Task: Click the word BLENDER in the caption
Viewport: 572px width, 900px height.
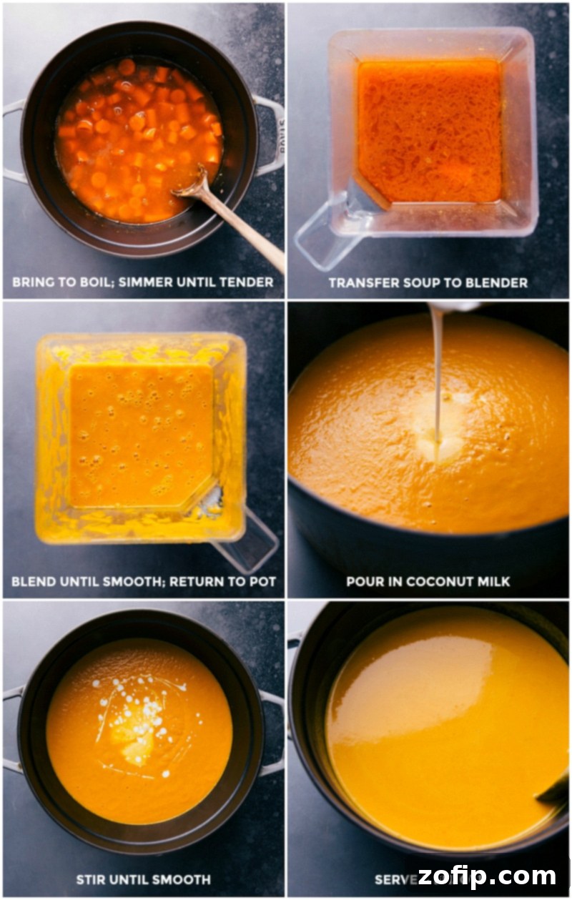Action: coord(496,283)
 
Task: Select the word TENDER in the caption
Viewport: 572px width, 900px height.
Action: coord(245,282)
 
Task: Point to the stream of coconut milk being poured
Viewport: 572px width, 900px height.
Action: coord(436,372)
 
